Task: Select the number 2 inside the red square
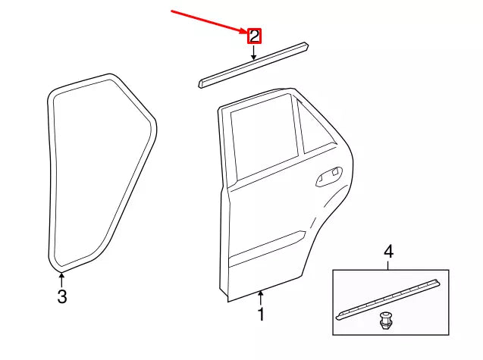coord(254,36)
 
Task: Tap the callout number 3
coord(62,296)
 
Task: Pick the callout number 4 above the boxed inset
coord(389,252)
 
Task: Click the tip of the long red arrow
coord(246,33)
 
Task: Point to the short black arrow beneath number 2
coord(254,53)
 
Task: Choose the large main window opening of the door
coord(262,140)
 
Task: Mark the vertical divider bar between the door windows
coord(300,129)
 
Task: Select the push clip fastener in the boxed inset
coord(384,323)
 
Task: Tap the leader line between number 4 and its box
coord(389,265)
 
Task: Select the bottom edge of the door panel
coord(262,292)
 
